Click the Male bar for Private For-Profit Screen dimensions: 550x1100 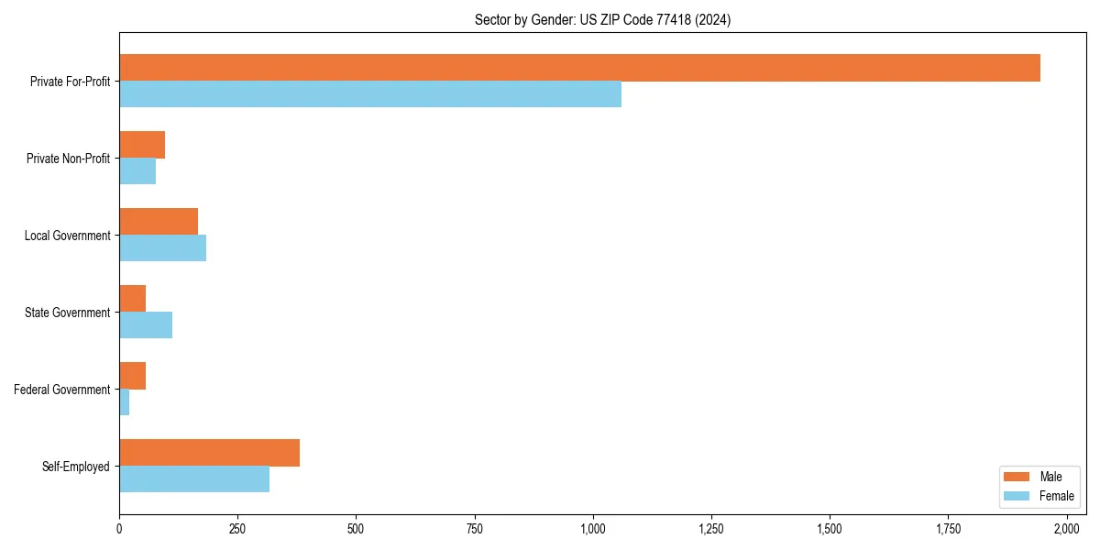(579, 68)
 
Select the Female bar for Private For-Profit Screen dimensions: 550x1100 (370, 94)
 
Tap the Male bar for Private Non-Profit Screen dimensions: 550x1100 (142, 145)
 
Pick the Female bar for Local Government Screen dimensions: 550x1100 (162, 248)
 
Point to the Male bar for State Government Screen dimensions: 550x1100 (132, 299)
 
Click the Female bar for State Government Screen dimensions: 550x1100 (146, 325)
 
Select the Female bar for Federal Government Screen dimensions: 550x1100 (125, 402)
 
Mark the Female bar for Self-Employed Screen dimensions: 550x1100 (194, 479)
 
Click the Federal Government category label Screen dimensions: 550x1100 (62, 390)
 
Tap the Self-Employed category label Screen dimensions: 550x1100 (76, 467)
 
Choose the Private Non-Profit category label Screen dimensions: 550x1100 (68, 159)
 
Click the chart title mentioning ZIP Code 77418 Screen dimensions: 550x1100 (602, 19)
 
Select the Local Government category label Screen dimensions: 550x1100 (67, 236)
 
